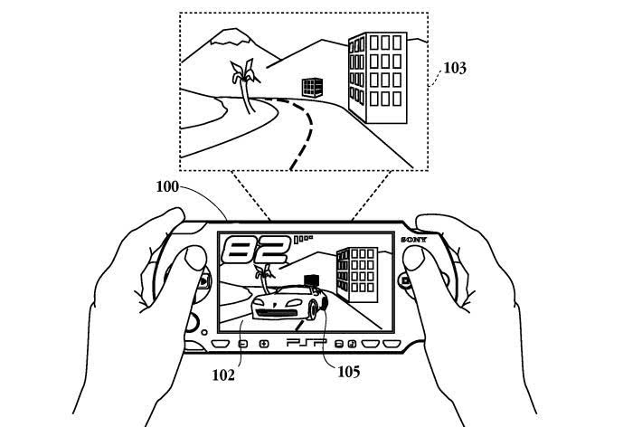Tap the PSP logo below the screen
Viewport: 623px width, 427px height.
pyautogui.click(x=305, y=343)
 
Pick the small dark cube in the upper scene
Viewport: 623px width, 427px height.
pyautogui.click(x=312, y=88)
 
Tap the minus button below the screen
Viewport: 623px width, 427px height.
pyautogui.click(x=243, y=344)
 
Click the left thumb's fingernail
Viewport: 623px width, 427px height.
pyautogui.click(x=194, y=257)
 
